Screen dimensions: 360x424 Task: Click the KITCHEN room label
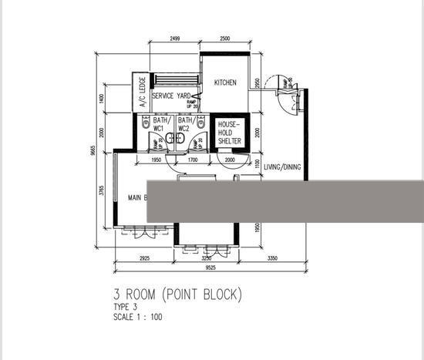[225, 83]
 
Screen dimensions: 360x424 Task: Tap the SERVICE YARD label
[170, 96]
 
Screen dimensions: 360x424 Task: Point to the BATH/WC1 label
[161, 124]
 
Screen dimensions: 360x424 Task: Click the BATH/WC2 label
[186, 124]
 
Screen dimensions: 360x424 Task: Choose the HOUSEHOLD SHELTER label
[229, 133]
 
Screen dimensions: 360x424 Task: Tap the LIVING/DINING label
[282, 167]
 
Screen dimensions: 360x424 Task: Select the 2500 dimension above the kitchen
[225, 39]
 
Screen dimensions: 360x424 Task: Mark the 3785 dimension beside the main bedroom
[103, 190]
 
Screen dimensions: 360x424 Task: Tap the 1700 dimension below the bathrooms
[192, 160]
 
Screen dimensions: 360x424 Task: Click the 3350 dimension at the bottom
[272, 259]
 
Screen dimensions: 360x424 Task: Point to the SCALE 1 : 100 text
[138, 317]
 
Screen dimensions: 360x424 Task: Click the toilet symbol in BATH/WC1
[145, 121]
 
